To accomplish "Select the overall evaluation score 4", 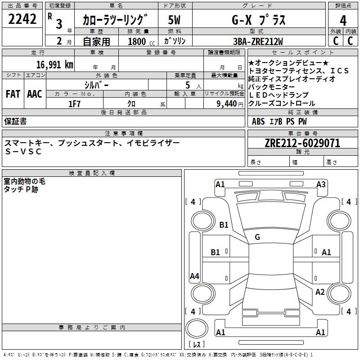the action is [x=343, y=21].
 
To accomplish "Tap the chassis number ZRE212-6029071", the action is [x=302, y=144].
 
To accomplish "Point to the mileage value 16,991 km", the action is [x=51, y=64].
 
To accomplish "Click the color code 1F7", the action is [x=74, y=103].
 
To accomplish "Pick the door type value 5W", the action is [x=174, y=20].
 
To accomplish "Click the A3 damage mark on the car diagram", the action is [x=321, y=184].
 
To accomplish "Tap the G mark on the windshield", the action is [x=257, y=237].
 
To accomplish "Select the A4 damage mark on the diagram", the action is [x=194, y=276].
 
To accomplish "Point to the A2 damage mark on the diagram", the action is [x=320, y=292].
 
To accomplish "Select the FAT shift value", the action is [x=13, y=94].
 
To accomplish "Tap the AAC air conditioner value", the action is [x=35, y=94].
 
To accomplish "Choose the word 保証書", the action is [x=15, y=121].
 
